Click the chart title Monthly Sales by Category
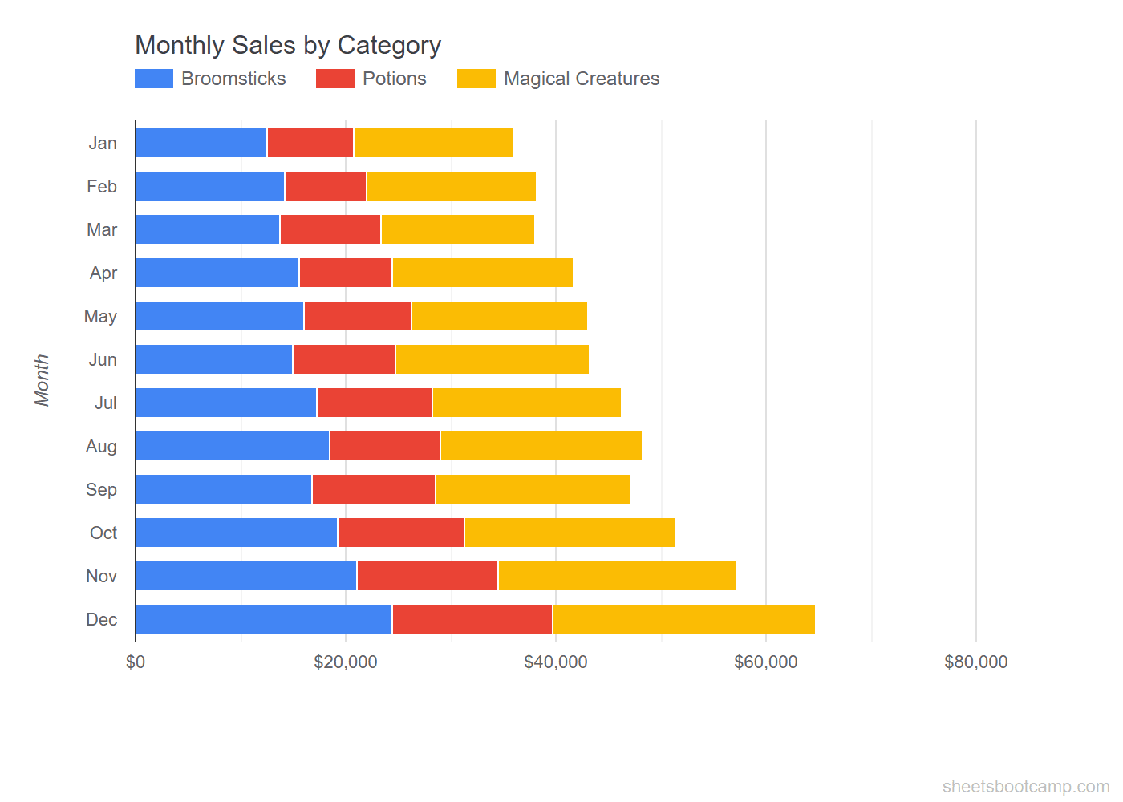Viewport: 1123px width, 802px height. point(288,45)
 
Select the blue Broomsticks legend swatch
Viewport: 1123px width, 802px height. point(154,79)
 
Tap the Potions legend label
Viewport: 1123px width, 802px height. point(394,79)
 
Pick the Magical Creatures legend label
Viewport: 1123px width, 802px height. point(582,79)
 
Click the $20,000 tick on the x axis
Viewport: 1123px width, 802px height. point(346,662)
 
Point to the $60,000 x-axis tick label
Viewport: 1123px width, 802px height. point(766,662)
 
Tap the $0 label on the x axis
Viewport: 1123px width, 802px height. point(136,662)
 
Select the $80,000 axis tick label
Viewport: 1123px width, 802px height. point(976,662)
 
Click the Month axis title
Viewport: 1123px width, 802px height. point(42,380)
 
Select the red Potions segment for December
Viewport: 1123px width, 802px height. point(472,619)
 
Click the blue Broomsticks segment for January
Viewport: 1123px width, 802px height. point(201,143)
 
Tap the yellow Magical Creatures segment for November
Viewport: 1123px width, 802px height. point(617,576)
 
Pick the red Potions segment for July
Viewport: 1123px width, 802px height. point(375,403)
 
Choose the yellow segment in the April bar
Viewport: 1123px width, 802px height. point(482,273)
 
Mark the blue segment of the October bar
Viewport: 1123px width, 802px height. point(237,533)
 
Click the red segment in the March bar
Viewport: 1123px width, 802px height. point(330,229)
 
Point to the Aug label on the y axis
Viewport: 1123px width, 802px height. point(101,446)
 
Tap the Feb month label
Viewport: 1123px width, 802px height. point(102,186)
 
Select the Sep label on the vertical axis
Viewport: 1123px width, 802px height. point(101,489)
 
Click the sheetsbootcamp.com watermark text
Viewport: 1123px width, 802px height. point(1026,786)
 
